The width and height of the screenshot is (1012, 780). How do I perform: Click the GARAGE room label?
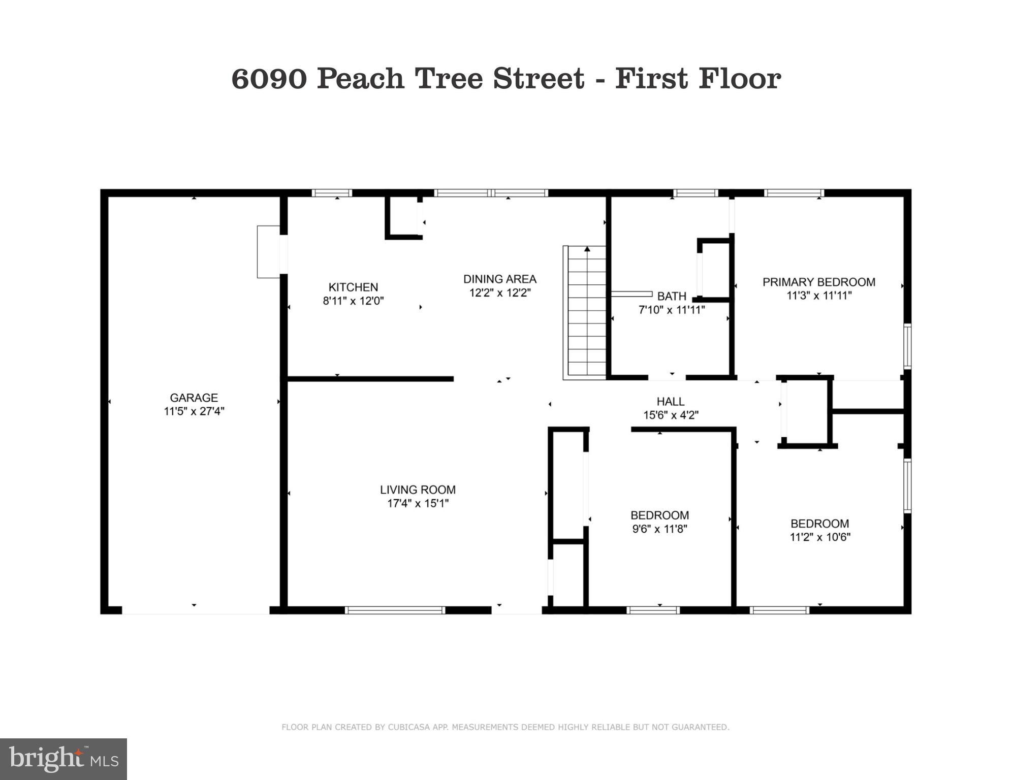tap(194, 398)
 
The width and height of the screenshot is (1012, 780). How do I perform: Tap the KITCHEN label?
tap(353, 287)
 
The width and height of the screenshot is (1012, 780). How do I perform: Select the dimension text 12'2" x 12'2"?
tap(500, 293)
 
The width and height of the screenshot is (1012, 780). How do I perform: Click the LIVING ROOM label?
tap(418, 490)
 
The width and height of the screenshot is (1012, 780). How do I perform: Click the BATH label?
tap(672, 296)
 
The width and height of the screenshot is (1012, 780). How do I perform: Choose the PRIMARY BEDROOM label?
tap(818, 282)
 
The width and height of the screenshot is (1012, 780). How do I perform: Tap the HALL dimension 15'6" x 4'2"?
tap(671, 415)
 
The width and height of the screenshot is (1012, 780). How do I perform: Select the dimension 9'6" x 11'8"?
tap(659, 529)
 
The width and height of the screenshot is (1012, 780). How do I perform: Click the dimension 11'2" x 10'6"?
tap(819, 537)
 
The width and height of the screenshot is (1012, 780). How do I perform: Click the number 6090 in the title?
tap(269, 79)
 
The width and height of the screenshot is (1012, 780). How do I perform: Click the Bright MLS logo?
tap(64, 759)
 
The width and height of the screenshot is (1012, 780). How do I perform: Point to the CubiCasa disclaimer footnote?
tap(505, 727)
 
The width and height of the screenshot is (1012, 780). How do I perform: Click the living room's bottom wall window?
tap(395, 610)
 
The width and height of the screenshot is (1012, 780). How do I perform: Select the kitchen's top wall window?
tap(332, 193)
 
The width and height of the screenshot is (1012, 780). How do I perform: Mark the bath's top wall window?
tap(695, 193)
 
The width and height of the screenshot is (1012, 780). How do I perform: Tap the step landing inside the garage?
tap(268, 252)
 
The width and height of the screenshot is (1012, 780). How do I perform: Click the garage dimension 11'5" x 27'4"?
tap(194, 411)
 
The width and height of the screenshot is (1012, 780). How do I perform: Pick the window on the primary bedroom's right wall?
tap(907, 346)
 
